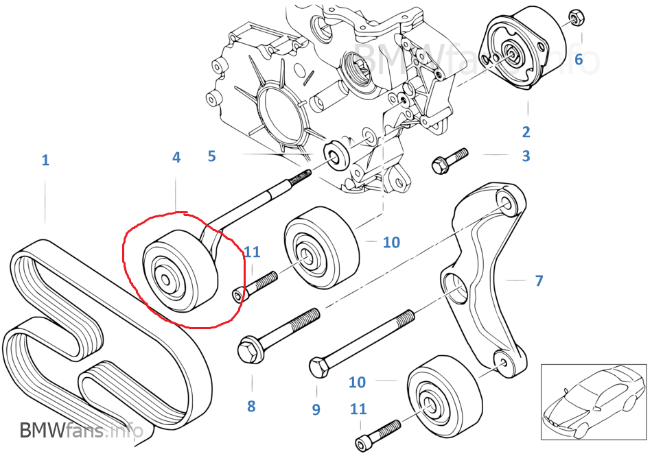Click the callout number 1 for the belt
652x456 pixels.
(x=45, y=160)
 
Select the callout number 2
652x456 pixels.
(x=526, y=132)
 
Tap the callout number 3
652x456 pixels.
(x=526, y=156)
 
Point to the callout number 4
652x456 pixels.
(x=176, y=157)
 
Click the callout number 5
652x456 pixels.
(x=211, y=156)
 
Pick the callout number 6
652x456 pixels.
(x=579, y=60)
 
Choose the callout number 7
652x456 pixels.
(x=539, y=280)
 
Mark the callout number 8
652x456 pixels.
(x=251, y=406)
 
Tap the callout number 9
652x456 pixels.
(x=316, y=409)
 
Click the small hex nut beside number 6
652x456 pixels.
(x=577, y=18)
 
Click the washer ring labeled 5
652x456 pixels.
(x=336, y=154)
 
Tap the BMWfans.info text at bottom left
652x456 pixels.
(x=81, y=431)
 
